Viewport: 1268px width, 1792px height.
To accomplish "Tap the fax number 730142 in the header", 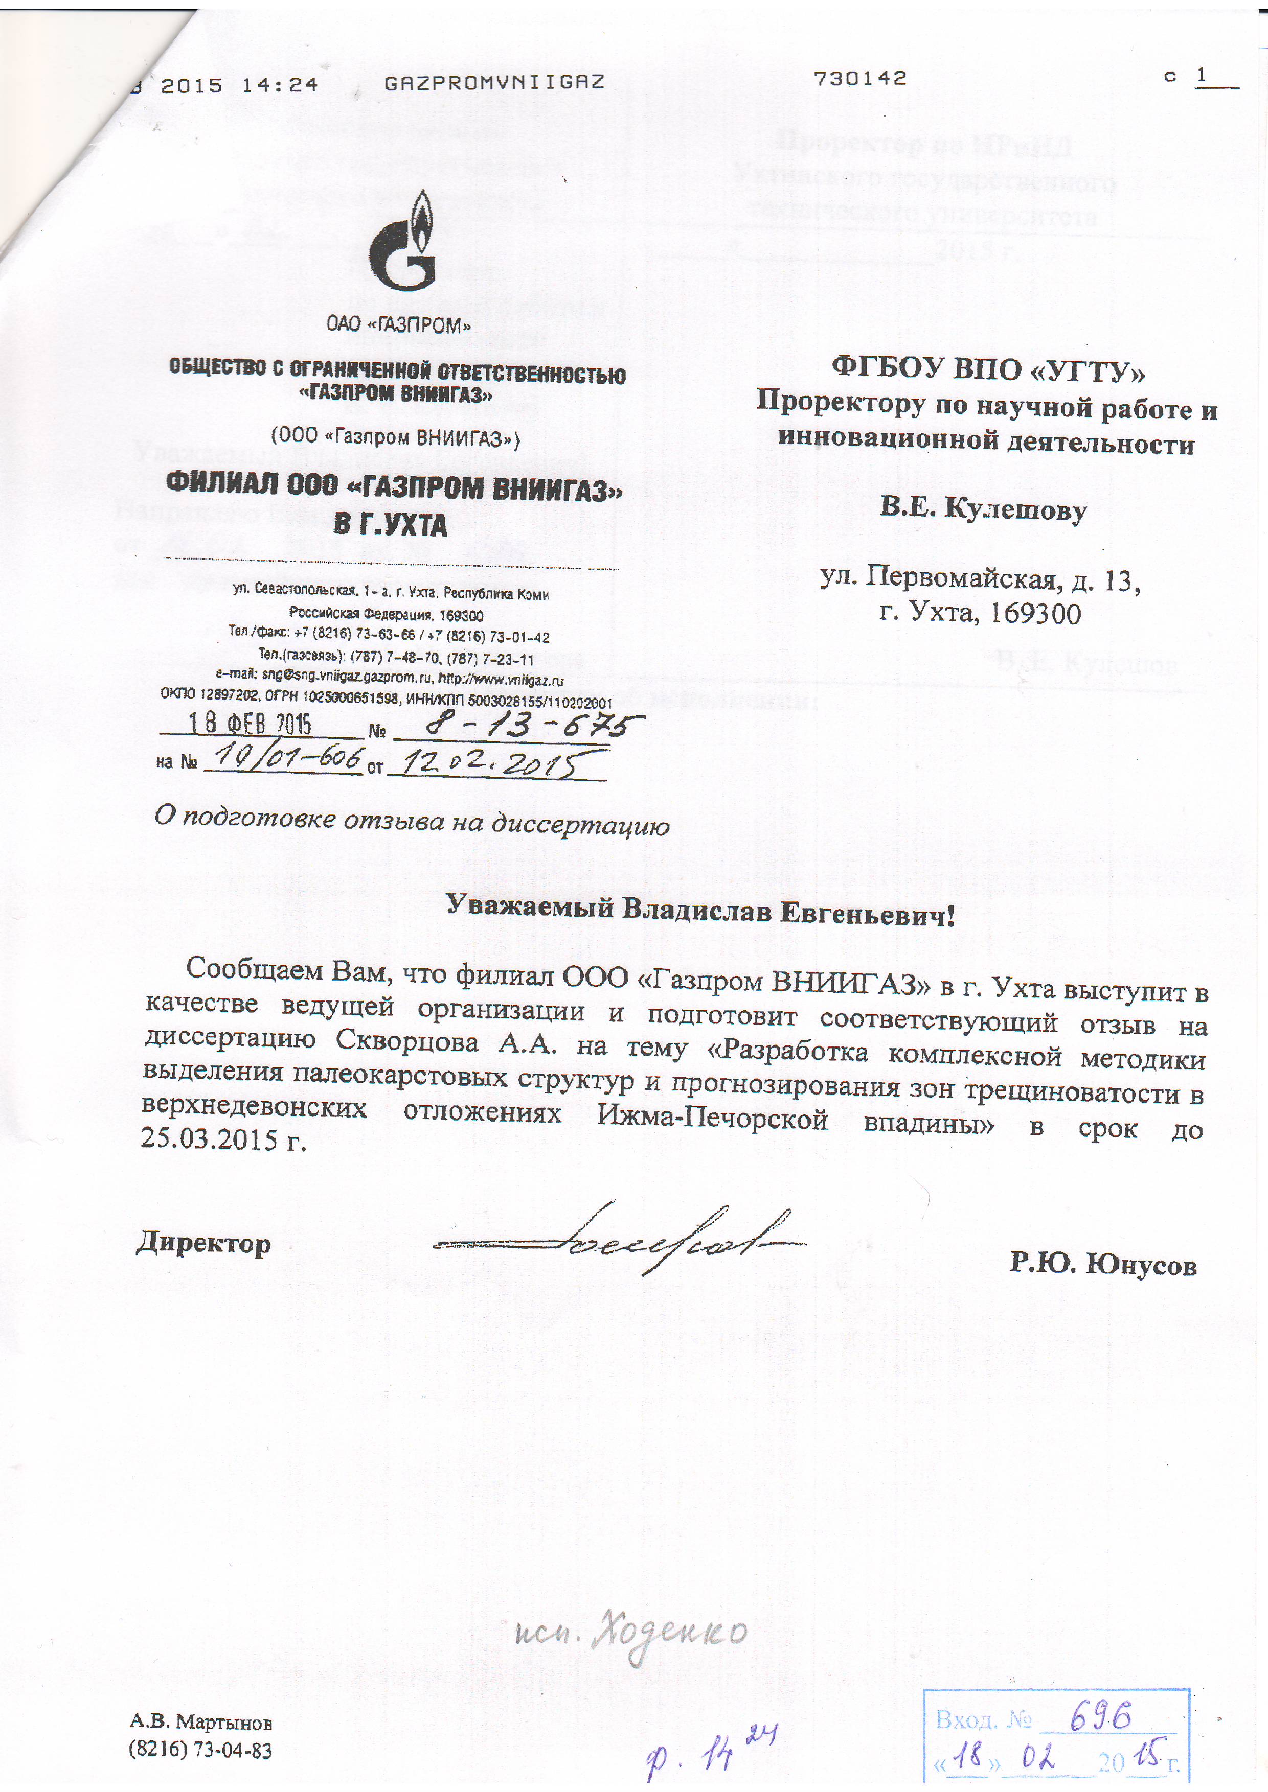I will pyautogui.click(x=859, y=79).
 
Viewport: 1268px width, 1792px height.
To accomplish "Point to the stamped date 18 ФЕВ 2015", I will pyautogui.click(x=250, y=724).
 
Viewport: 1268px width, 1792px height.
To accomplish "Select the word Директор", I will pyautogui.click(x=204, y=1243).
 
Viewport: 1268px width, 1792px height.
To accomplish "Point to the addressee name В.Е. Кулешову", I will pyautogui.click(x=983, y=510).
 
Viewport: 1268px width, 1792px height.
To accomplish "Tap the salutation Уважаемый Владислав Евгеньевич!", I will pyautogui.click(x=699, y=911).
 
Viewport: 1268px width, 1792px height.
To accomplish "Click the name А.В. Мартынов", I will pyautogui.click(x=200, y=1723).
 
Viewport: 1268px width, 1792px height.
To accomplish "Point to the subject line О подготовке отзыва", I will pyautogui.click(x=412, y=820).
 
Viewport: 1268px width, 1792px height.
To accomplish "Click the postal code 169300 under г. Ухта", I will pyautogui.click(x=1035, y=614).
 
